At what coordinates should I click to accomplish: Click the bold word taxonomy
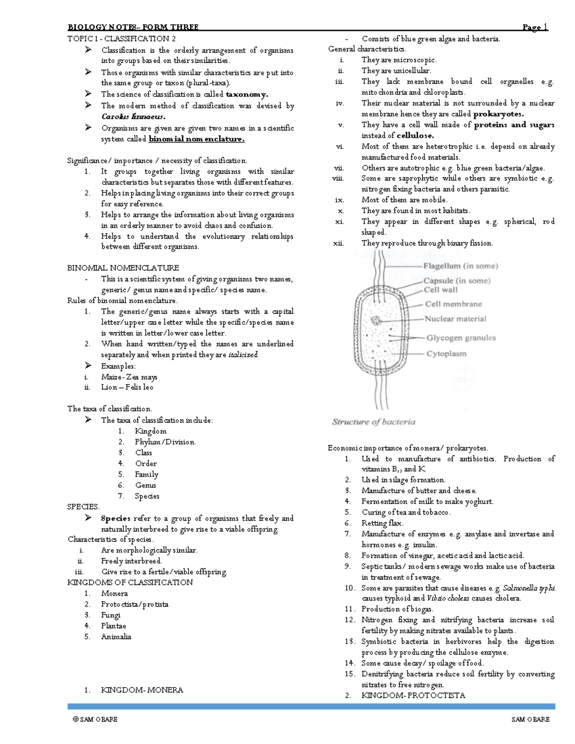[x=247, y=94]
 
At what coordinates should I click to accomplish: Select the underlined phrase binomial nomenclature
[x=196, y=139]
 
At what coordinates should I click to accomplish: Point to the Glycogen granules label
[x=461, y=338]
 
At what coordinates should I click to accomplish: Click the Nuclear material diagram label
[x=455, y=319]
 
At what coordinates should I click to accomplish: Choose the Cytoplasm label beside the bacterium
[x=446, y=354]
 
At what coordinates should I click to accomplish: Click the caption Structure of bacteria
[x=374, y=422]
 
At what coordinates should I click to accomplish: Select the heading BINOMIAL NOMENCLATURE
[x=123, y=268]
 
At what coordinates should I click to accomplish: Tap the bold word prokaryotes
[x=498, y=114]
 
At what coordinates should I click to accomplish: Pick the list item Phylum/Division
[x=165, y=442]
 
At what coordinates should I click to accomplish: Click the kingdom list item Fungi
[x=111, y=615]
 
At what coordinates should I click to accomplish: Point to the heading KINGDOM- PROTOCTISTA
[x=413, y=695]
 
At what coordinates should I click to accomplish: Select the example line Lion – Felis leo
[x=127, y=387]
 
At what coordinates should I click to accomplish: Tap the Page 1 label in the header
[x=535, y=27]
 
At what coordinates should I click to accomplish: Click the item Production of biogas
[x=397, y=609]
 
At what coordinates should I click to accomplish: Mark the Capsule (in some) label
[x=457, y=281]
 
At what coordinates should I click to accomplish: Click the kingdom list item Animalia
[x=116, y=637]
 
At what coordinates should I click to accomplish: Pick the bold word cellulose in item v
[x=415, y=136]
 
